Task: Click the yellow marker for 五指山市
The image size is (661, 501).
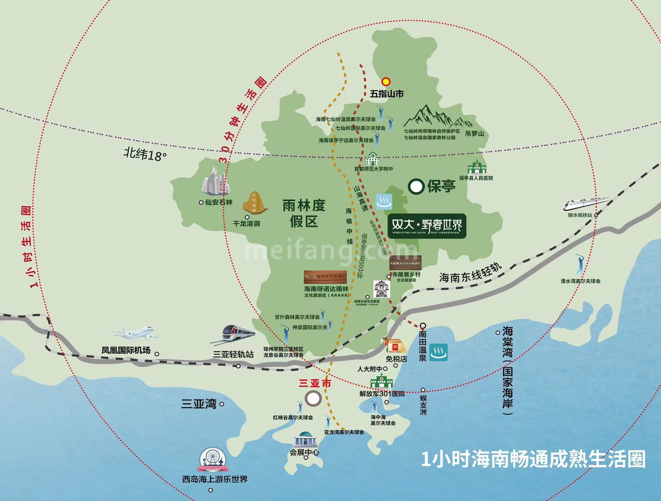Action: coord(386,81)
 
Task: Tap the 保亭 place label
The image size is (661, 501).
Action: coord(441,187)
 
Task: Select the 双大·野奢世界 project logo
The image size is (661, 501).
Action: coord(427,226)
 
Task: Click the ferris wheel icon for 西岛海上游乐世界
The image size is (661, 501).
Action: coord(212,461)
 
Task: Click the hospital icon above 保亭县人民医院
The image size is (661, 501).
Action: coord(477,167)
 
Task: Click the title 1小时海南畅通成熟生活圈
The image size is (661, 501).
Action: coord(533,459)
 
